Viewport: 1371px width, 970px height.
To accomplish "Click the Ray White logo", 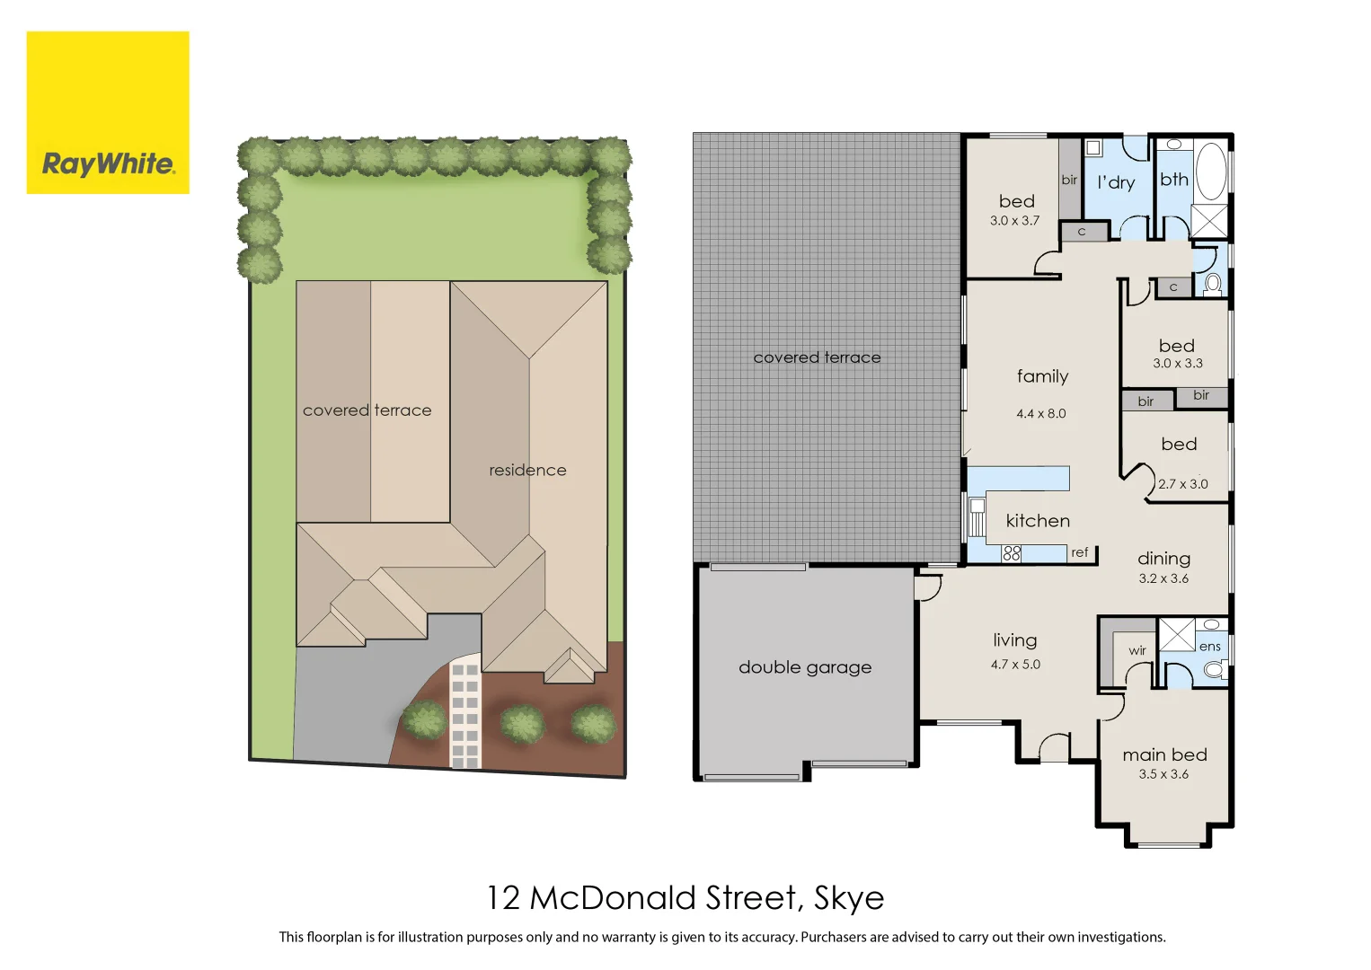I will [x=108, y=112].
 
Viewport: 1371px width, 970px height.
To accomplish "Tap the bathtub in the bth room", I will [x=1210, y=171].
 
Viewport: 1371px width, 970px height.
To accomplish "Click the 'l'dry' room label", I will [x=1116, y=182].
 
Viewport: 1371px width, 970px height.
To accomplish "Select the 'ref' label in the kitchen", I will [x=1079, y=552].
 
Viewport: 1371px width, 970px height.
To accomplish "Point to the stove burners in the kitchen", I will [x=1012, y=553].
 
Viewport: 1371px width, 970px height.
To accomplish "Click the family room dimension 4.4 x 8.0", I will [x=1041, y=414].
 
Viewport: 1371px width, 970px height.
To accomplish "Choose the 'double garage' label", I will [x=805, y=667].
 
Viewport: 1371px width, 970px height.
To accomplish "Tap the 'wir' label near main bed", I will [x=1137, y=650].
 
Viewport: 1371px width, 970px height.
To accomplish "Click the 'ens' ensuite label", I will [x=1210, y=647].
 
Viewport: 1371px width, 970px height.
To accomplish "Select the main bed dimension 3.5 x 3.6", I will [x=1163, y=774].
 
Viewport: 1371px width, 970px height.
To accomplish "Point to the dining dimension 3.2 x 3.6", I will [x=1163, y=578].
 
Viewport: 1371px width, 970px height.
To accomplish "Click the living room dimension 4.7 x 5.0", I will [x=1015, y=665].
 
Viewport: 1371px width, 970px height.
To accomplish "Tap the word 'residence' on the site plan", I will [x=527, y=470].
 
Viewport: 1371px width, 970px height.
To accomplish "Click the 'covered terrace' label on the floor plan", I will [x=817, y=357].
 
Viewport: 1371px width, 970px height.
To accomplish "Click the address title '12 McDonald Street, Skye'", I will [x=685, y=897].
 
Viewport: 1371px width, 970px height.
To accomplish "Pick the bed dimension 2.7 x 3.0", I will [x=1182, y=484].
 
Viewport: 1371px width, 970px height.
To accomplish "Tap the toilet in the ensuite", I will [x=1214, y=668].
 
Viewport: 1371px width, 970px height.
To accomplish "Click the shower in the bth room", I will [x=1208, y=221].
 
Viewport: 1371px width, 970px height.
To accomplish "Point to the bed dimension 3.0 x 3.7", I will [x=1014, y=221].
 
